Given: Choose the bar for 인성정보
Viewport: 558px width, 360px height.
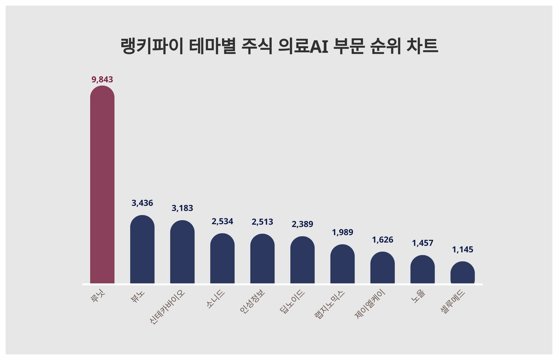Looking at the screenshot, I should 262,259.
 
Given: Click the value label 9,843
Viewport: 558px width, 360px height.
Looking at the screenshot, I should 102,80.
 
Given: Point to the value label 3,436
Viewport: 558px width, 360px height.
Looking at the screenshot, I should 142,203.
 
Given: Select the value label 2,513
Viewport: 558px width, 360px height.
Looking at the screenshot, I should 262,221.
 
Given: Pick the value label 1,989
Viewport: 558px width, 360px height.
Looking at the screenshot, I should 342,232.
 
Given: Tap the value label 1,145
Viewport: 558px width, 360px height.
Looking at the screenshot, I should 462,250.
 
